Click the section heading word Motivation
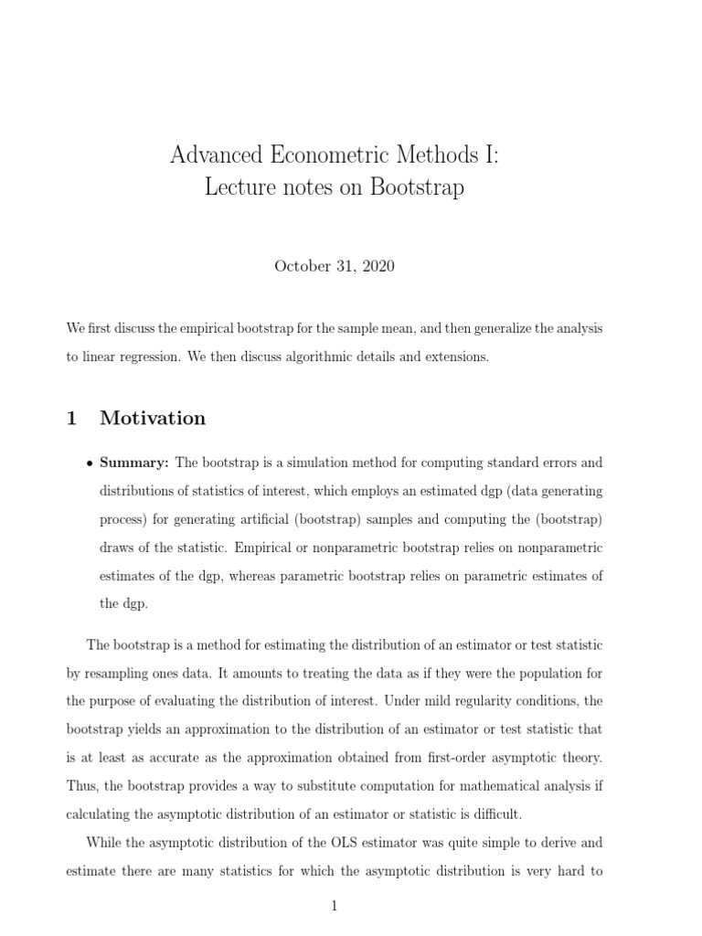pos(153,418)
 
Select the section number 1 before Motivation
pos(71,418)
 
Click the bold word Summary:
pos(134,463)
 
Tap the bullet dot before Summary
pos(89,463)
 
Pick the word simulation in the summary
pos(326,463)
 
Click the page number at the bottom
pos(335,907)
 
